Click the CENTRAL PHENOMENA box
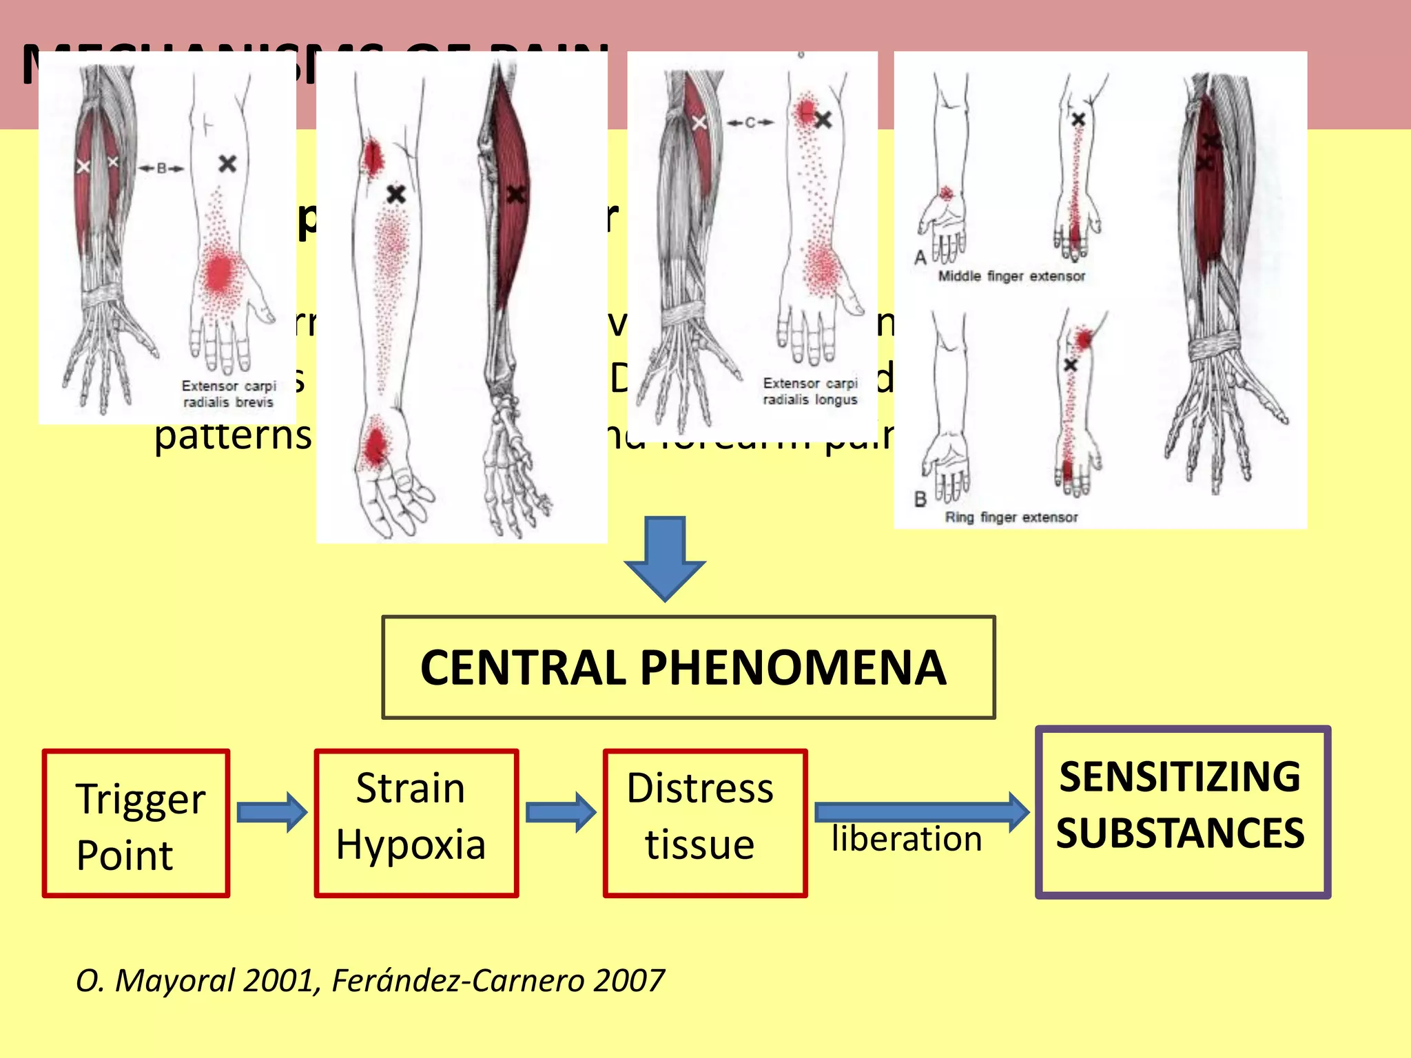coord(688,667)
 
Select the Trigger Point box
coord(136,824)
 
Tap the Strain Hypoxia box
coord(415,824)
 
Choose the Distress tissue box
coord(704,824)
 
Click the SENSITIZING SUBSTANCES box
coord(1182,811)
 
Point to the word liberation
coord(906,839)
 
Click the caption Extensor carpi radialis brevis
coord(228,394)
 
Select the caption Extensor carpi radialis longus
coord(810,391)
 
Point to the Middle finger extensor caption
coord(1011,276)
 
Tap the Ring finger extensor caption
coord(1011,517)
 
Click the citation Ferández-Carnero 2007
coord(497,980)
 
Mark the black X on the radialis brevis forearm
coord(227,164)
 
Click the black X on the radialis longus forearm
coord(823,121)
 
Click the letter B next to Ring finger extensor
coord(920,499)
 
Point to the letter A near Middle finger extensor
coord(920,258)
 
